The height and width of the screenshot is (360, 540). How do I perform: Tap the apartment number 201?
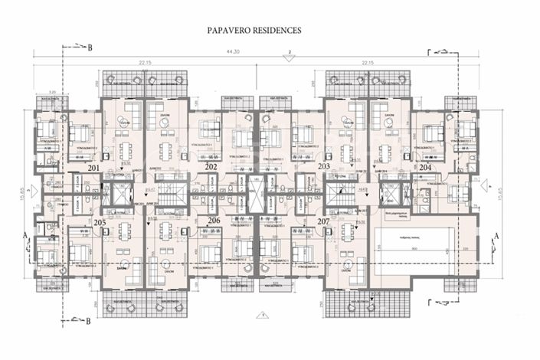(93, 167)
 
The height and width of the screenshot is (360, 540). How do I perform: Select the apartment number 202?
(212, 166)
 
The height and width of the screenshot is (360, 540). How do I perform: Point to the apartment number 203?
(323, 166)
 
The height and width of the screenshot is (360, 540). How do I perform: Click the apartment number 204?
(426, 167)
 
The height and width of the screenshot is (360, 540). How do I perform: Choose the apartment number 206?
(214, 221)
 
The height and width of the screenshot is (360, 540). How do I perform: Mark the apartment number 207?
(322, 221)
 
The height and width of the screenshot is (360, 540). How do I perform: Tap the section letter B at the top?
(90, 48)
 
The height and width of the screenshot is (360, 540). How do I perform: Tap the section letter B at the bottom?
(90, 322)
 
